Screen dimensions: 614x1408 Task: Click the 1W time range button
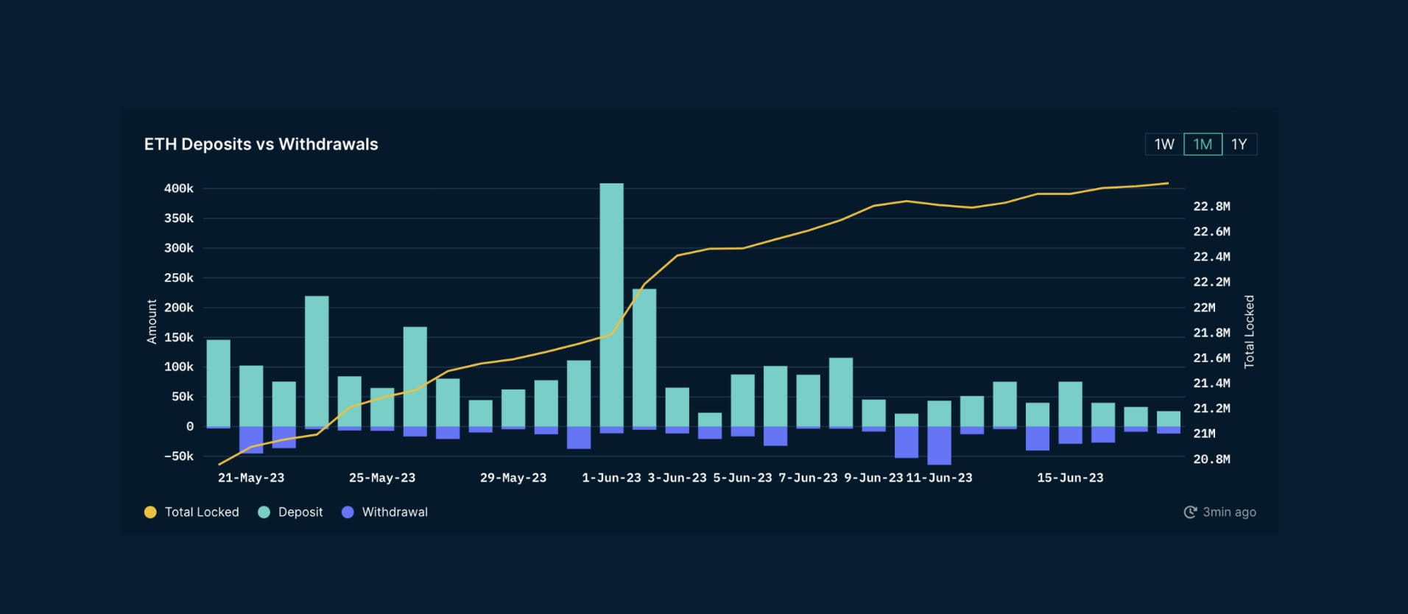[x=1164, y=144]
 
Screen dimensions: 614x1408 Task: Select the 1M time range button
[x=1203, y=144]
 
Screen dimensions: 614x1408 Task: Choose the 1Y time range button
[x=1239, y=144]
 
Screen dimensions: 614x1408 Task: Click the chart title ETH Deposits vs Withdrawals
[x=261, y=144]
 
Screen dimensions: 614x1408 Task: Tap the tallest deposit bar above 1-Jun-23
[x=611, y=302]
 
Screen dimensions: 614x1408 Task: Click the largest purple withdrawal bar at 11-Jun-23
[x=939, y=445]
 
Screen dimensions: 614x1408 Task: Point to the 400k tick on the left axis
[x=179, y=188]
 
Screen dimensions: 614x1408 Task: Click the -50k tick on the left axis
[x=179, y=456]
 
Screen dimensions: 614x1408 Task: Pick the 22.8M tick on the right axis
[x=1211, y=206]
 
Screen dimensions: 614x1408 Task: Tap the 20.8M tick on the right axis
[x=1211, y=459]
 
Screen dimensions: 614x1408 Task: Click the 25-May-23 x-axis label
[x=382, y=478]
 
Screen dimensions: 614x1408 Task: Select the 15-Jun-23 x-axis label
[x=1070, y=478]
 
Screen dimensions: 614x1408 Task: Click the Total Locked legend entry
[x=192, y=512]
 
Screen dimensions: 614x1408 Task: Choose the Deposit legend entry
[x=291, y=512]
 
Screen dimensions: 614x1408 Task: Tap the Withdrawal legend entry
[x=385, y=512]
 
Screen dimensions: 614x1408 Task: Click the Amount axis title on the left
[x=152, y=322]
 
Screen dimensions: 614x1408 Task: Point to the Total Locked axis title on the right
[x=1249, y=331]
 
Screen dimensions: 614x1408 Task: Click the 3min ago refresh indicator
[x=1220, y=512]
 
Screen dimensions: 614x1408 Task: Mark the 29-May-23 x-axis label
[x=513, y=478]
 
